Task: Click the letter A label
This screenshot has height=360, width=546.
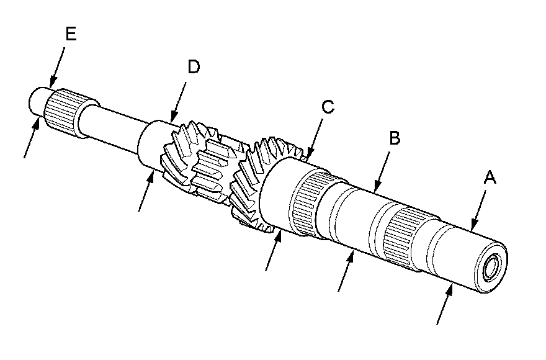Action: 490,178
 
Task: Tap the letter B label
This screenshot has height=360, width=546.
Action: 393,138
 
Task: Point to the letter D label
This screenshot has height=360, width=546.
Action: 194,67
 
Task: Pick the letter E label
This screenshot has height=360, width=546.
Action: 70,34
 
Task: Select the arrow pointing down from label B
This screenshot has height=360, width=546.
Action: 382,168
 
